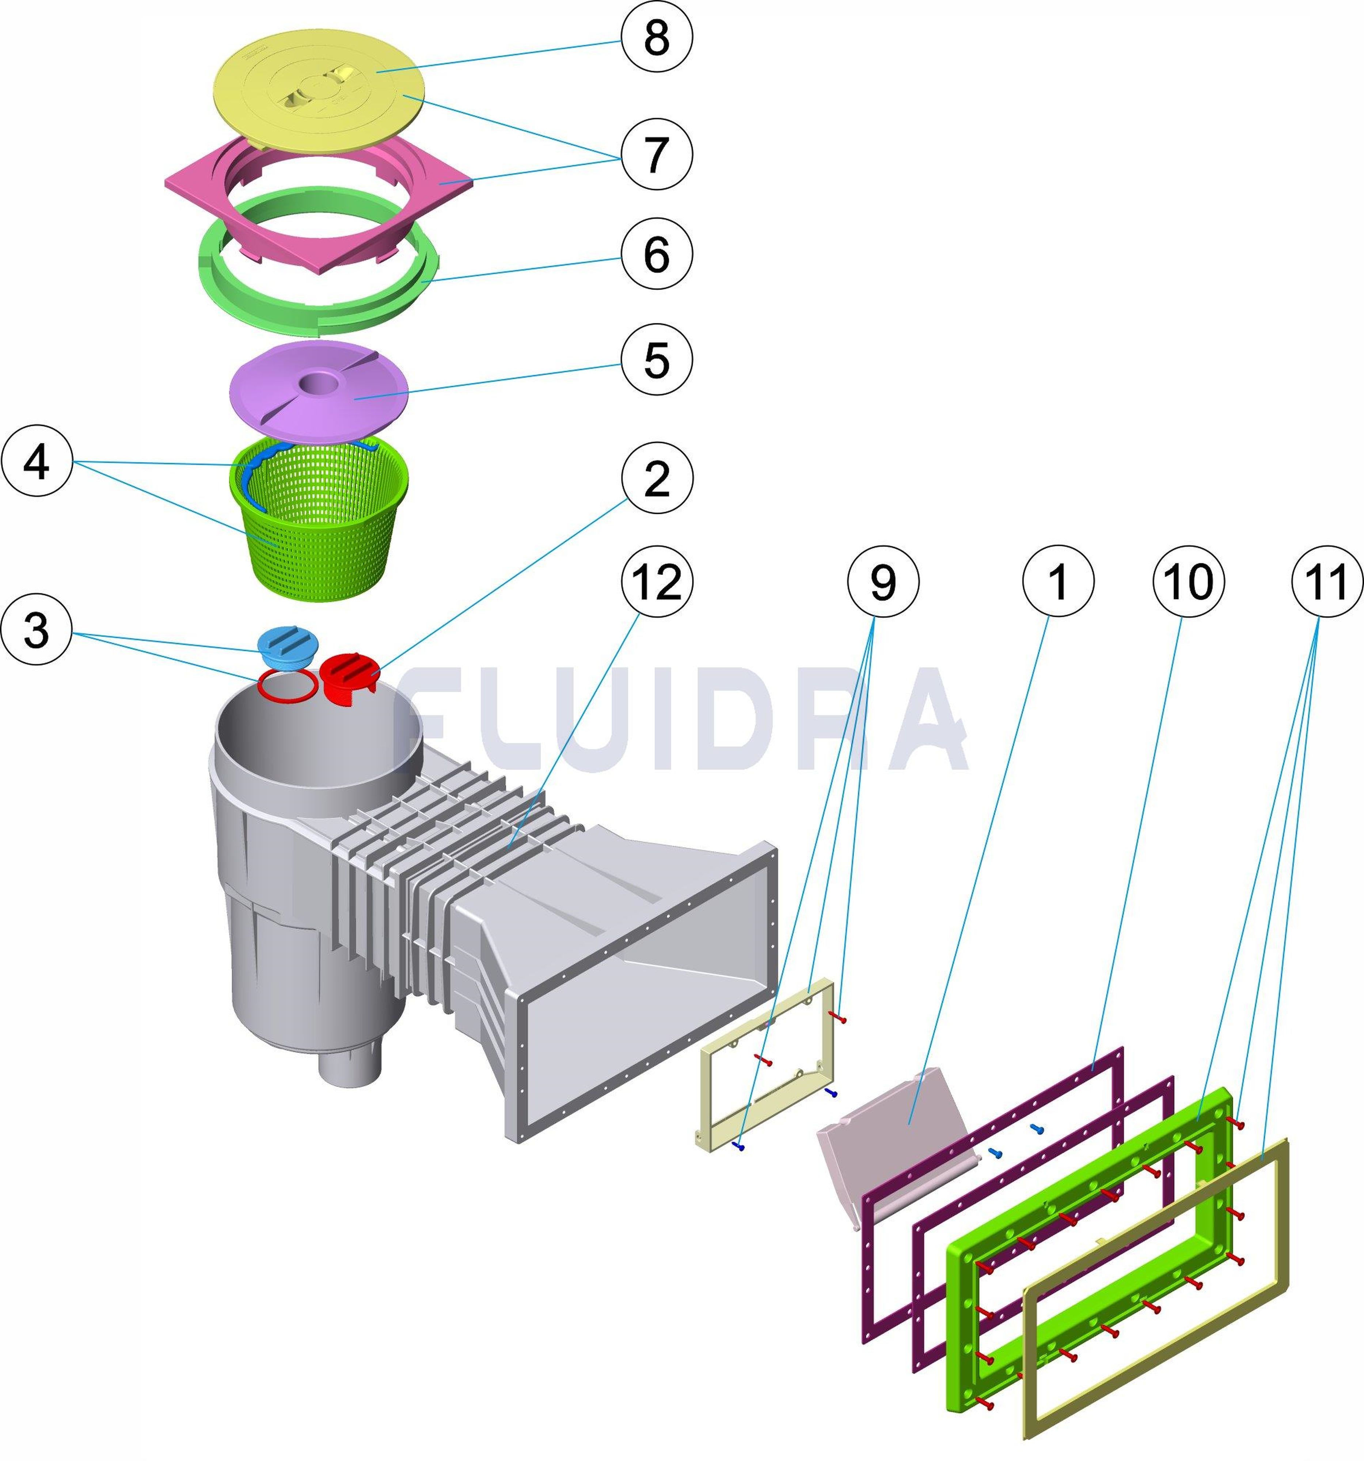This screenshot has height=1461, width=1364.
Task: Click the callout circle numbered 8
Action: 656,37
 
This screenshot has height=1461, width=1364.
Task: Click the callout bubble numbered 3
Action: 37,630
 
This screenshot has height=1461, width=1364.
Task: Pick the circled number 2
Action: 656,478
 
